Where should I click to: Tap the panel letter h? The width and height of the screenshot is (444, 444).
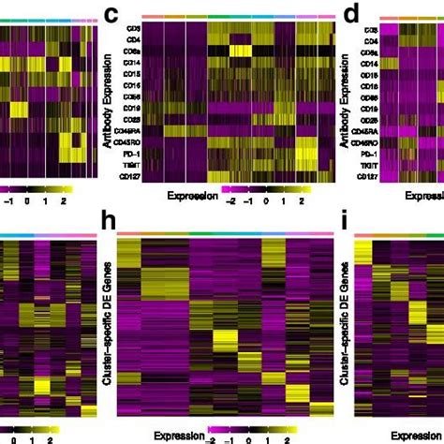[x=110, y=224]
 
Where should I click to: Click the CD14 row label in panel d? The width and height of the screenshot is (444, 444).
[x=383, y=68]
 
